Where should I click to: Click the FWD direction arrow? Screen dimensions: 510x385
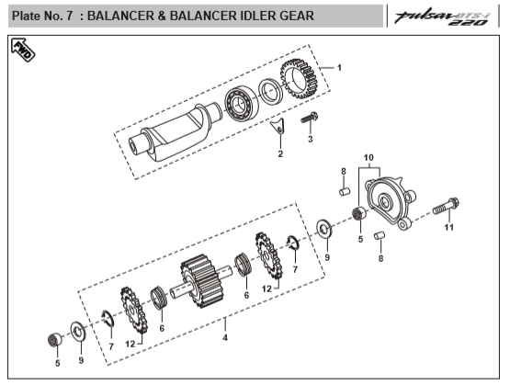(x=23, y=50)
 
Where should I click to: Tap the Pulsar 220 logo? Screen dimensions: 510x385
(x=442, y=17)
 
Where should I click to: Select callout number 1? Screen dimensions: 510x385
(x=339, y=68)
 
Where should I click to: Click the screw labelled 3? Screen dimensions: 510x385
(x=309, y=117)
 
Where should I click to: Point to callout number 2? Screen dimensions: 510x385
(x=280, y=153)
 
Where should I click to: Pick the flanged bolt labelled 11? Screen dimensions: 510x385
(x=446, y=206)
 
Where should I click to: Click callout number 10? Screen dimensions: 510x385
(x=368, y=158)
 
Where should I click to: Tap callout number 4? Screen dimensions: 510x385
(x=225, y=337)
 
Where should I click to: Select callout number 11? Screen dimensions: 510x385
(x=448, y=227)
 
